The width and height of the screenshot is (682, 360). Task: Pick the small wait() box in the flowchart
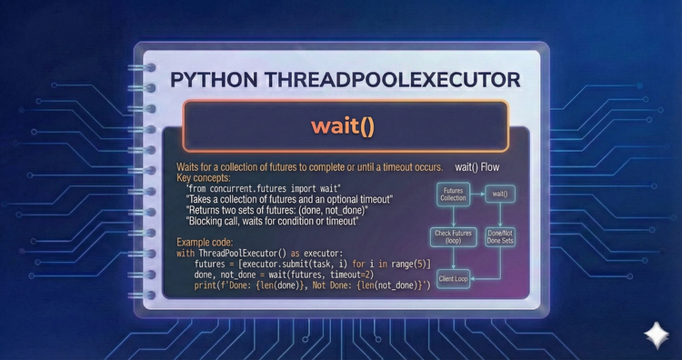499,194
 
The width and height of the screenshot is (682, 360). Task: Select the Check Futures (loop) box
453,238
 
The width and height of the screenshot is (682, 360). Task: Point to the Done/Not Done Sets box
499,238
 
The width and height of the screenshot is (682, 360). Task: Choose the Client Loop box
453,279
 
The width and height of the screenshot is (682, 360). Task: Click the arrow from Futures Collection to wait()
476,194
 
